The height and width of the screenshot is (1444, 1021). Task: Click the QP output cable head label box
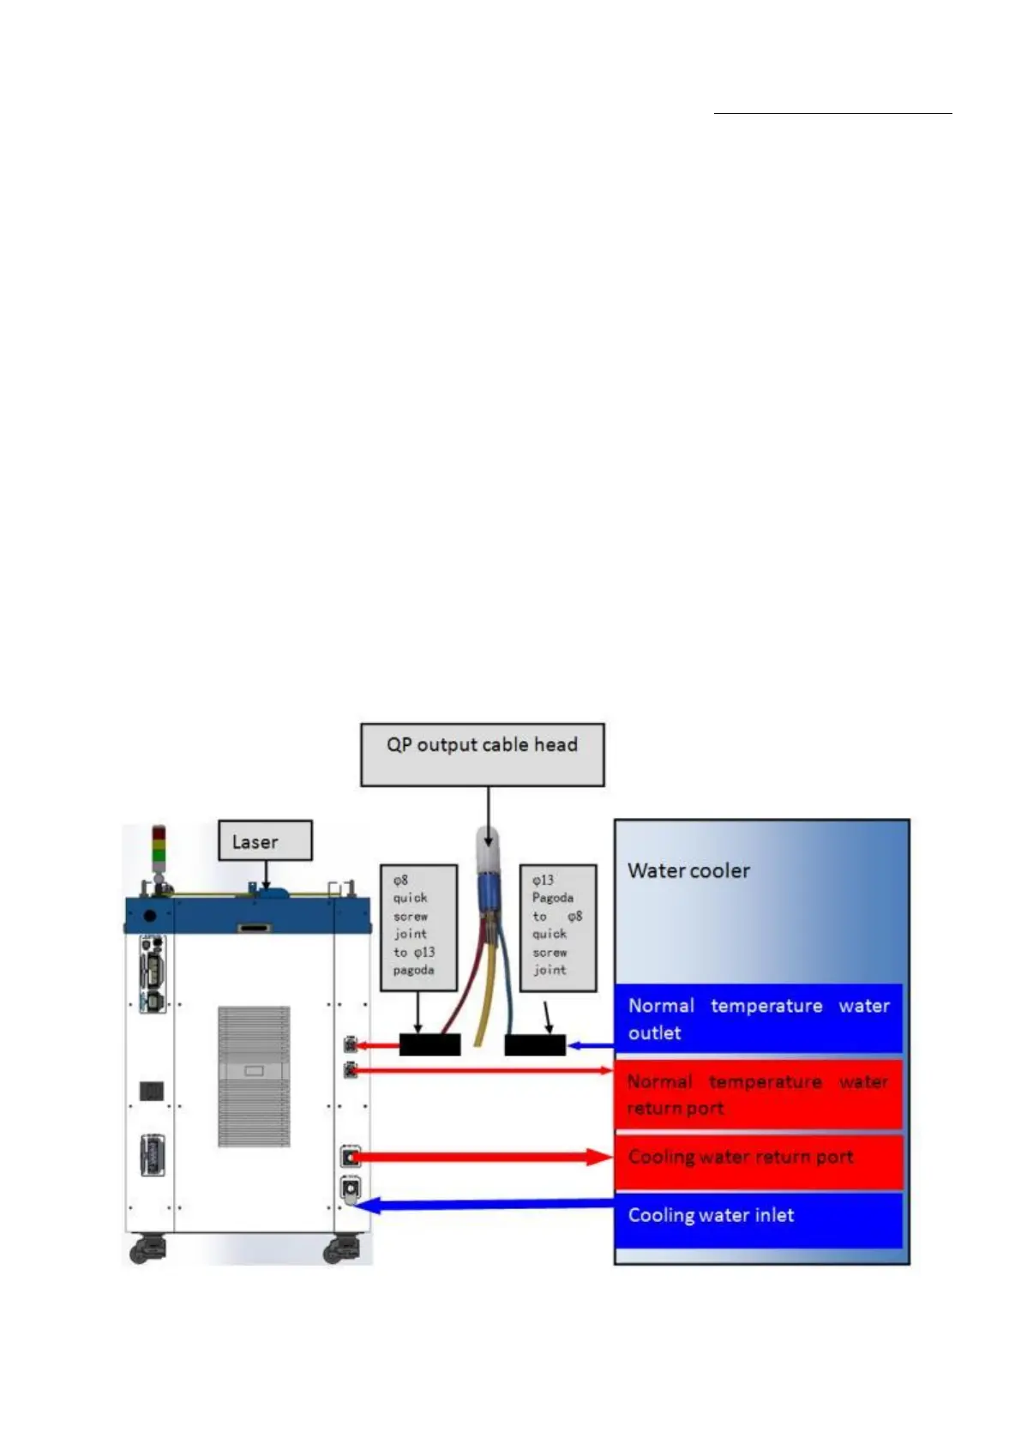pos(482,754)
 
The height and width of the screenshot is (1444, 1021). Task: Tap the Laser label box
pos(264,840)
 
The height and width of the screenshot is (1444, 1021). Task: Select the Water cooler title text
pos(688,870)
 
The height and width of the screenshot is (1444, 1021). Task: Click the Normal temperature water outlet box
pos(759,1019)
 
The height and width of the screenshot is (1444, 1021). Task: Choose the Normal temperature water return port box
pos(759,1094)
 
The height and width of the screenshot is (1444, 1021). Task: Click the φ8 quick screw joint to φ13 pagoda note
pos(417,926)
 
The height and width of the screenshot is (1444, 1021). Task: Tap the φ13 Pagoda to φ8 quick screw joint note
pos(557,926)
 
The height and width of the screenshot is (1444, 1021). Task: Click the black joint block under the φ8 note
pos(429,1044)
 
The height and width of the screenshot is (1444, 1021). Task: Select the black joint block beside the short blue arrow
pos(535,1045)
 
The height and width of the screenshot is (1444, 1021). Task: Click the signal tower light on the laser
pos(159,845)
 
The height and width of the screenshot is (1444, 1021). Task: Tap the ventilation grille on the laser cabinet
pos(254,1076)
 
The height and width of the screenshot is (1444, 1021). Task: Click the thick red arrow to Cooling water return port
pos(480,1158)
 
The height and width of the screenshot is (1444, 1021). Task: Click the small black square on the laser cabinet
pos(152,1091)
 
